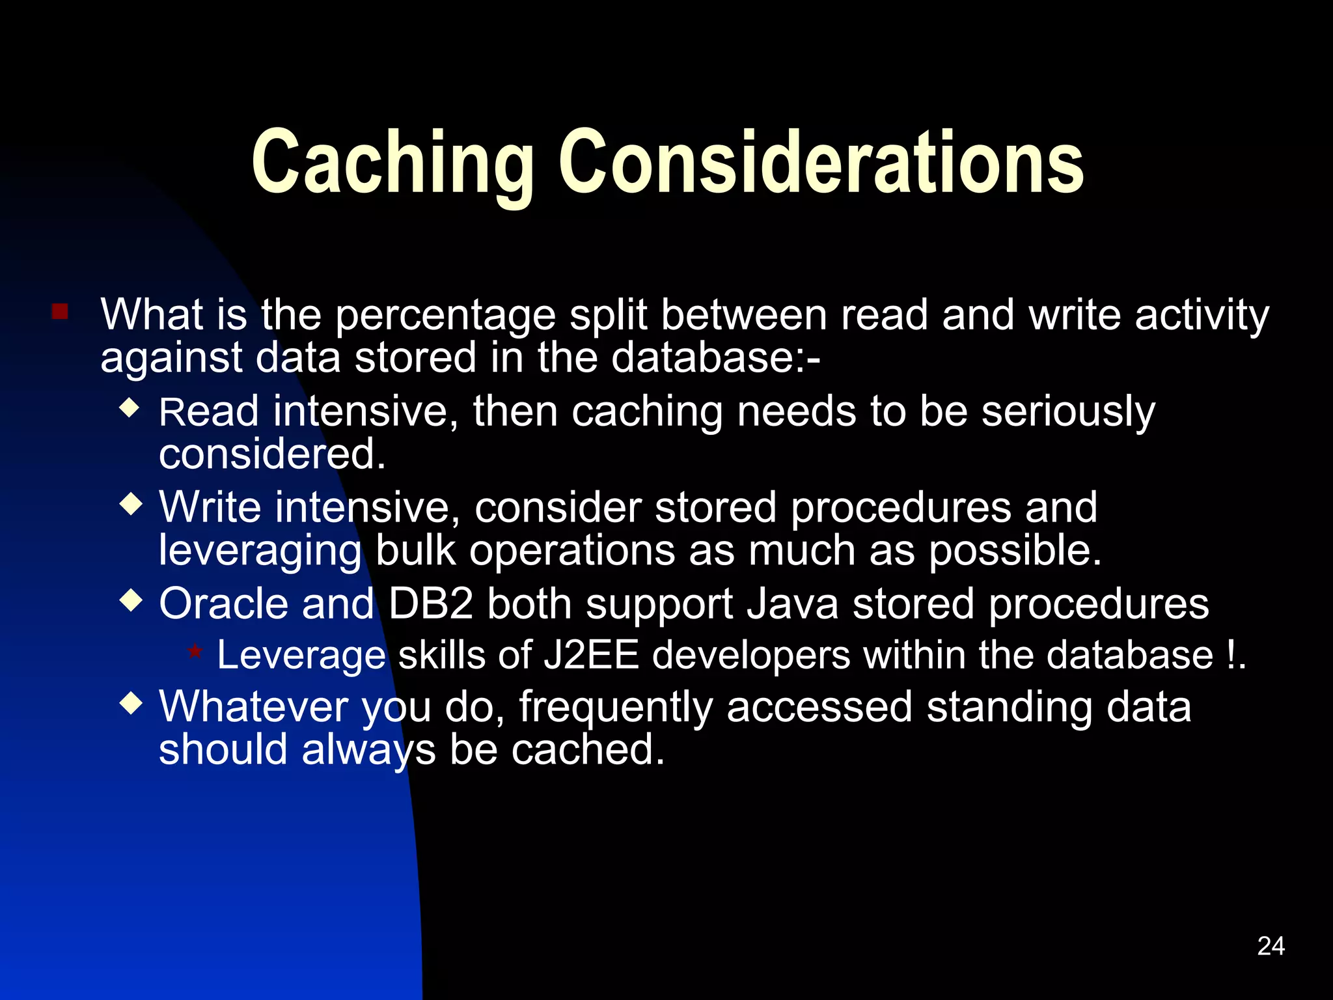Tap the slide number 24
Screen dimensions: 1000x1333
coord(1271,946)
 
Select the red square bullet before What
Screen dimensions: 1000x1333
coord(60,311)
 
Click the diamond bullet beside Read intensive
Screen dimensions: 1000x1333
coord(131,408)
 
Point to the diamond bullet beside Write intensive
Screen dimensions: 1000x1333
coord(131,505)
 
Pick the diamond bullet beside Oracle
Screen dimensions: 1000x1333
coord(131,601)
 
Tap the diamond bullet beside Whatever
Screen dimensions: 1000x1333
coord(131,704)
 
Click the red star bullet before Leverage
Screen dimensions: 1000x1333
coord(195,651)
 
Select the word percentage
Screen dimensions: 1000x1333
coord(445,315)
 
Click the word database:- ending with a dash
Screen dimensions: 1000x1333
coord(715,357)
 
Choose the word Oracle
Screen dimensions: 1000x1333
coord(223,604)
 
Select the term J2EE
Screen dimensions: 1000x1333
coord(591,654)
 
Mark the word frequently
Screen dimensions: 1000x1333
coord(615,708)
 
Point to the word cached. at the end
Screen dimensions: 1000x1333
coord(588,750)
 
